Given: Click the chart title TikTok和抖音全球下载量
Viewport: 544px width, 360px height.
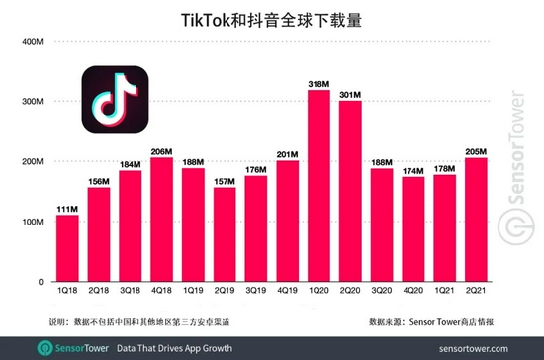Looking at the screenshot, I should coord(272,18).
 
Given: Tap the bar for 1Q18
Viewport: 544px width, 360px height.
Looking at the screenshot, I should coord(67,248).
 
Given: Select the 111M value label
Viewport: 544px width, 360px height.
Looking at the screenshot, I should coord(67,208).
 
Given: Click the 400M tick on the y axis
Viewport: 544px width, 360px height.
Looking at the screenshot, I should coord(30,42).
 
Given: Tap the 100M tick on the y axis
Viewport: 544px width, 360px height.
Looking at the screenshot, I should coord(30,222).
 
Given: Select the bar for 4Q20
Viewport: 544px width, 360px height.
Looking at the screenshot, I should coord(413,229).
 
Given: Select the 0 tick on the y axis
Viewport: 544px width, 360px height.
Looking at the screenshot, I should coord(40,282).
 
